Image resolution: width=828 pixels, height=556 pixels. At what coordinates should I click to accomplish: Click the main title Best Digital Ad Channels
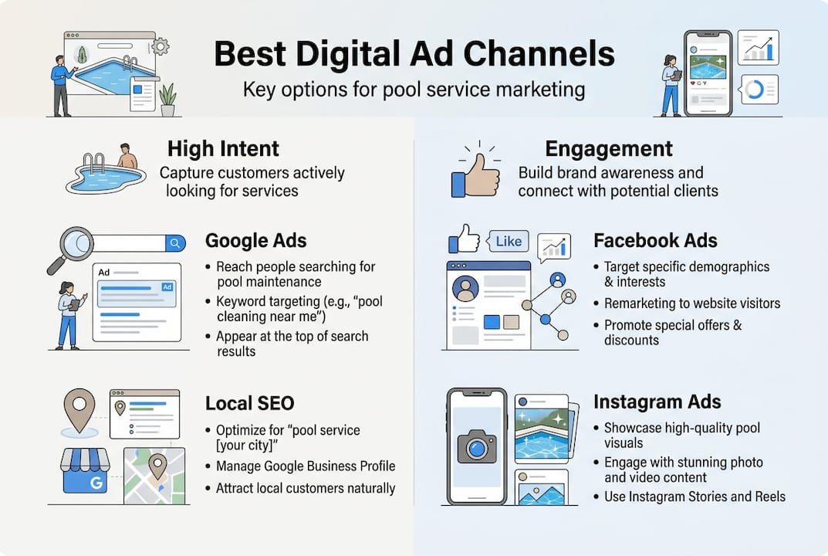(x=414, y=54)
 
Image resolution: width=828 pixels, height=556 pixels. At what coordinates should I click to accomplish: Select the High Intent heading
(x=223, y=148)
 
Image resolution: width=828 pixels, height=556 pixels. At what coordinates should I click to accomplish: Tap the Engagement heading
(x=609, y=148)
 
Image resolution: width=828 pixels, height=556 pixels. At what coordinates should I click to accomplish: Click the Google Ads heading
(x=255, y=241)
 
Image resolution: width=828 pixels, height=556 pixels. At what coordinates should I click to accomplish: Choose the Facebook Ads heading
(x=655, y=241)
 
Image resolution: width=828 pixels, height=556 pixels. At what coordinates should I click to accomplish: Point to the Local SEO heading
(x=249, y=403)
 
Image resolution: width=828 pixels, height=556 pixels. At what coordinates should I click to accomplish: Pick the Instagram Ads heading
(x=657, y=402)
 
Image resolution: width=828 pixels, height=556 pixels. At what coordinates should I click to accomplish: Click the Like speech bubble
(x=508, y=242)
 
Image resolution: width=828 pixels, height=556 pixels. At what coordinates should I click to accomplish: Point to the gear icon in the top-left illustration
(x=161, y=46)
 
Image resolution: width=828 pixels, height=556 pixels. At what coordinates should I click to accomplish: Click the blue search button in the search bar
(x=176, y=243)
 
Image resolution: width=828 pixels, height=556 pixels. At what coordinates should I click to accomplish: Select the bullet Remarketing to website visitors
(x=691, y=303)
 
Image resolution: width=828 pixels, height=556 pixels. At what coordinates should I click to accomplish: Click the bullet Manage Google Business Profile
(x=305, y=466)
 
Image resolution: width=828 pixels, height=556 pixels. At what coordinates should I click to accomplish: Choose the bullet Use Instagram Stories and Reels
(x=694, y=497)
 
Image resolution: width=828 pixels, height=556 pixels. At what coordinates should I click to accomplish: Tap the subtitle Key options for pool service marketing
(x=414, y=90)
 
